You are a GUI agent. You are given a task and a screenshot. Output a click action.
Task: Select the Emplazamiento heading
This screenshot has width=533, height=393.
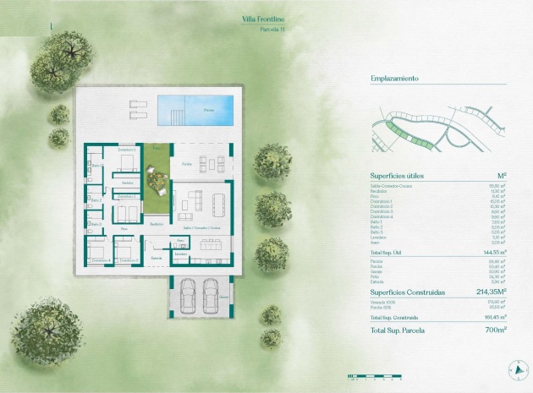point(394,79)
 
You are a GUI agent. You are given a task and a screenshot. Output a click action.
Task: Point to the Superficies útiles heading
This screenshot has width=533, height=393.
point(398,176)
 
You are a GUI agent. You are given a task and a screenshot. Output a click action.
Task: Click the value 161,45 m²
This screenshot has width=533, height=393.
point(495,317)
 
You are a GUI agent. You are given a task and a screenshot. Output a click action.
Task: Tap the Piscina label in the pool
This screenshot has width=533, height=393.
point(209,111)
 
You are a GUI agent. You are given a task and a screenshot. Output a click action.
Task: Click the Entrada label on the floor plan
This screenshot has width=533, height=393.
point(157,257)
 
